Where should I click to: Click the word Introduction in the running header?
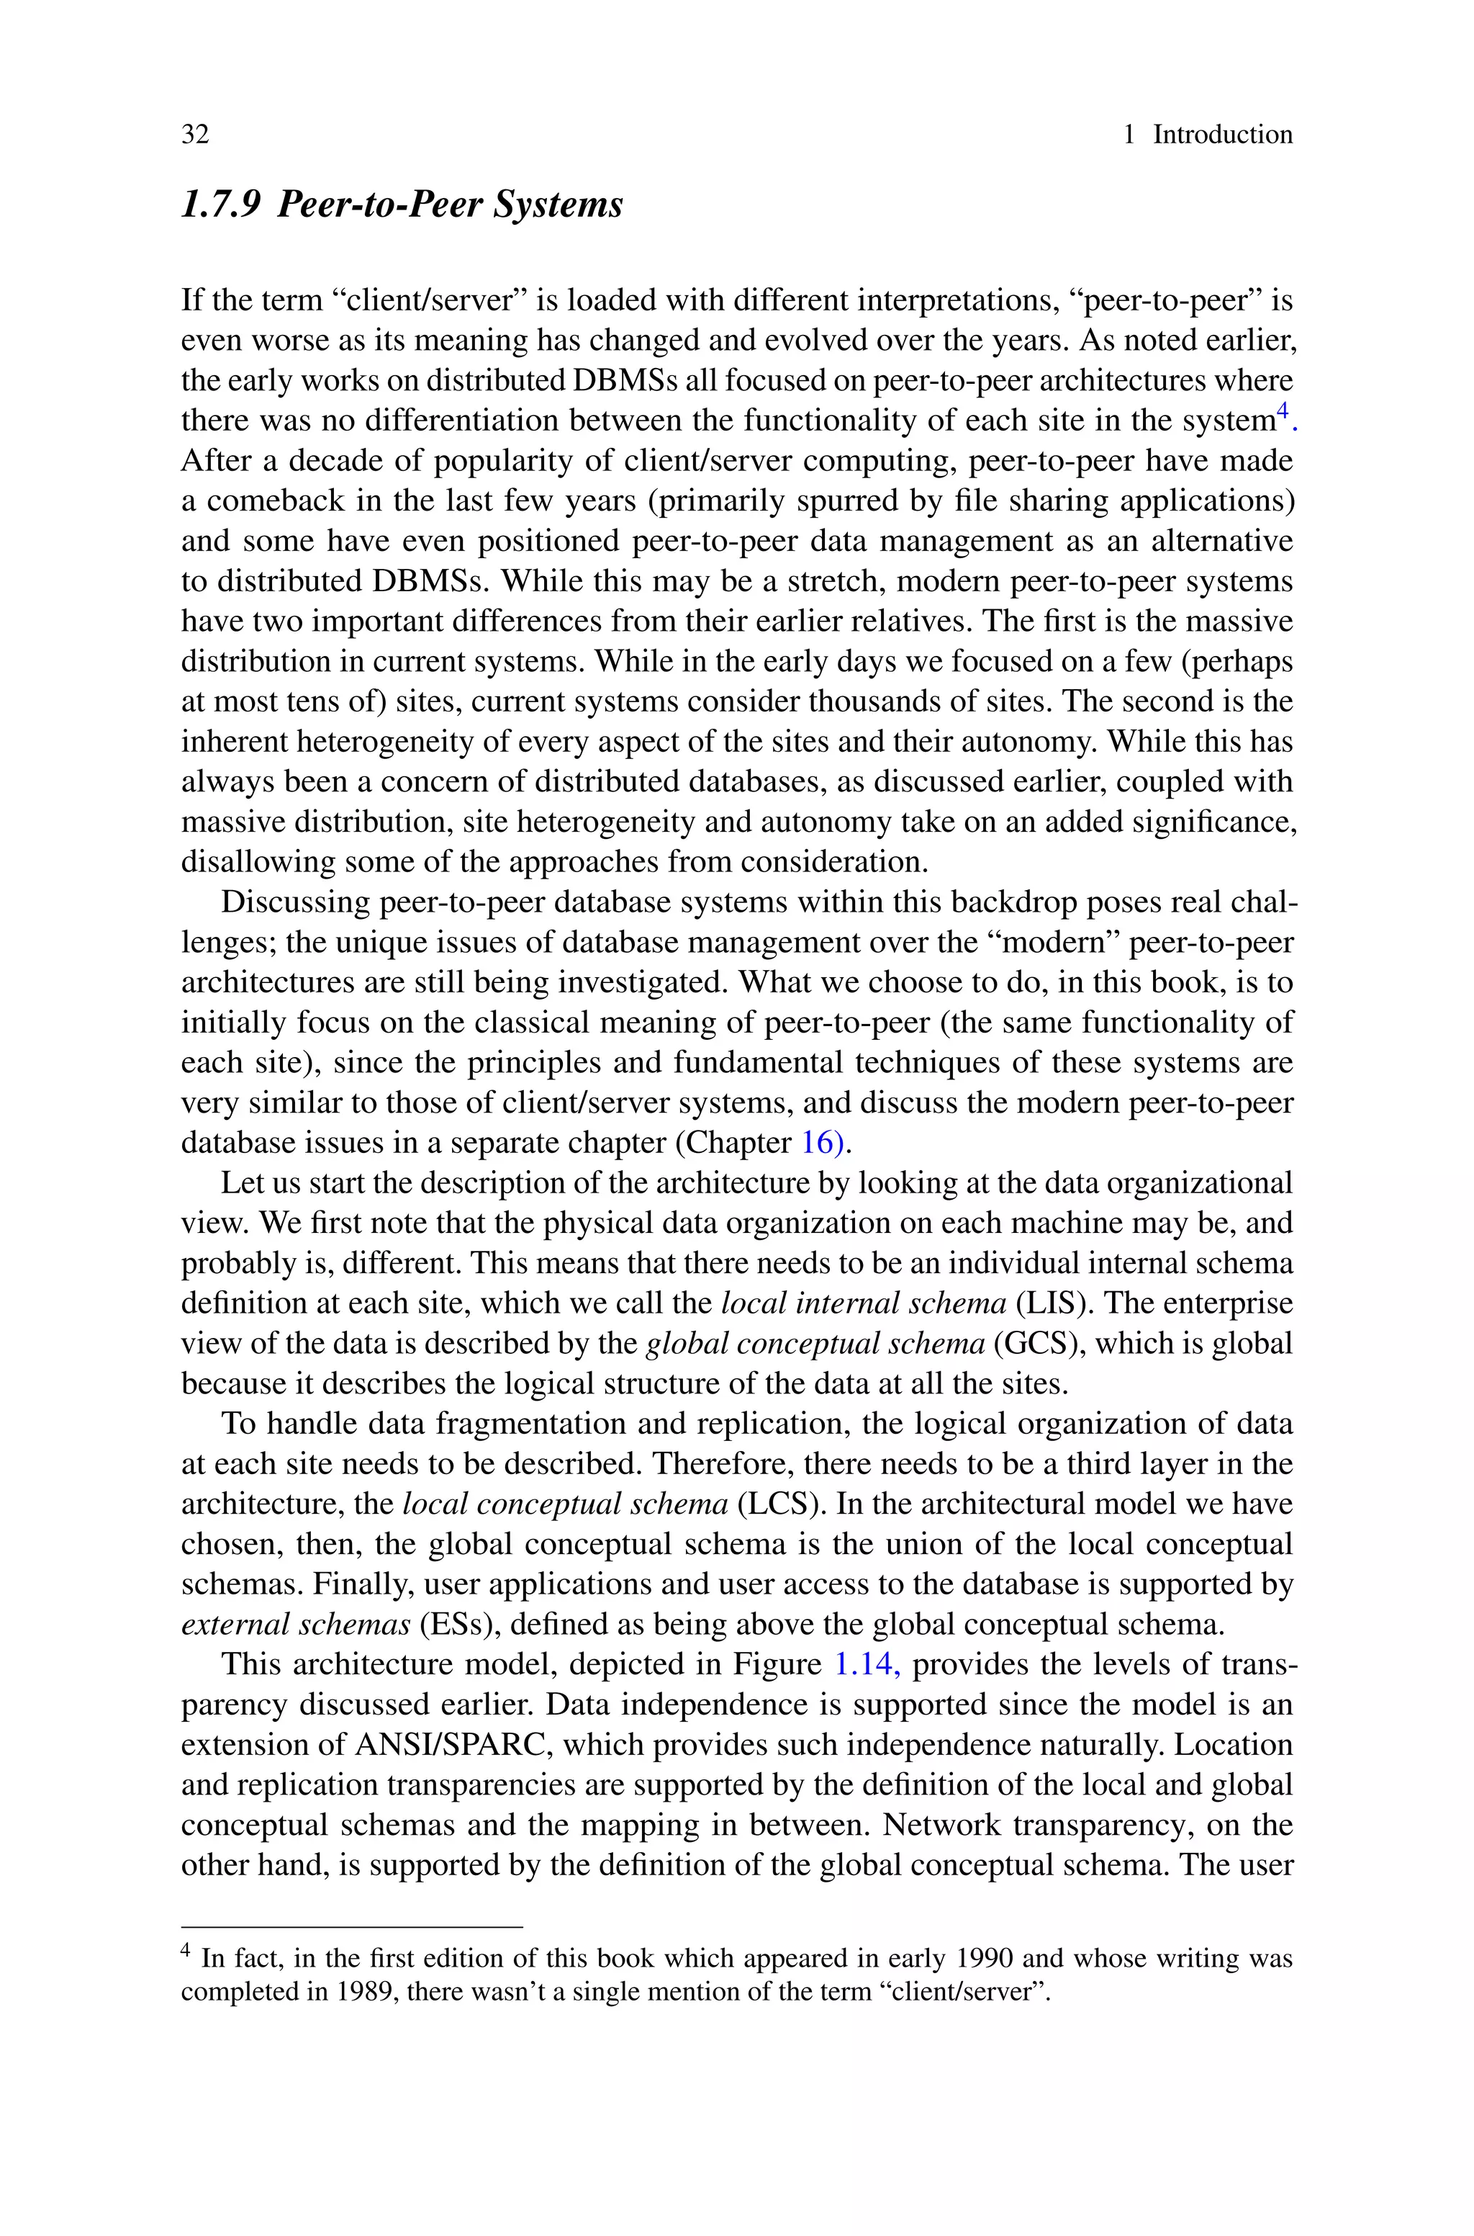(1222, 135)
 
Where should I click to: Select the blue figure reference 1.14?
(867, 1664)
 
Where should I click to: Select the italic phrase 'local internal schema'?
(863, 1303)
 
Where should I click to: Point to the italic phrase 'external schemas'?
(295, 1624)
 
